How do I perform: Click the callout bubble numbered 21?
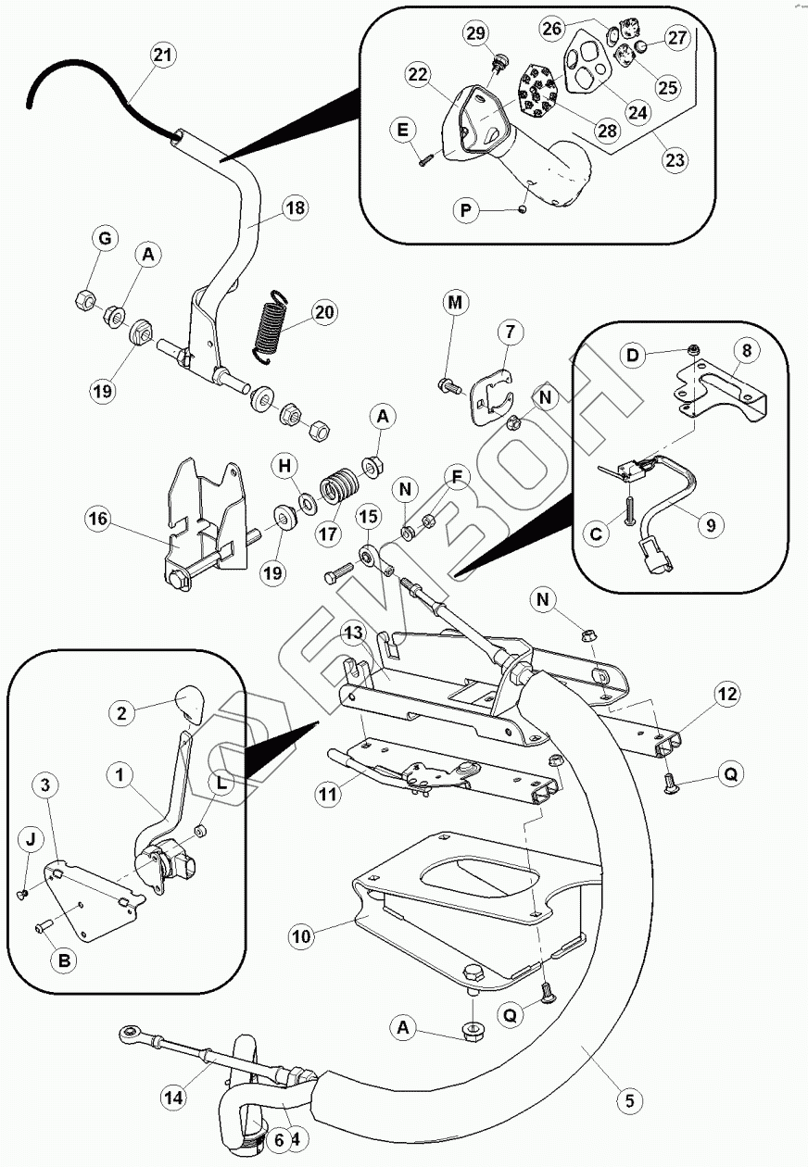coord(163,55)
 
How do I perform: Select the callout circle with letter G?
coord(106,239)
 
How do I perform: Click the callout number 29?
coord(476,33)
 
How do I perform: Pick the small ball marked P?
coord(522,210)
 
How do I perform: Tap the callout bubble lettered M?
coord(455,303)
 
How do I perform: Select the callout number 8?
coord(747,351)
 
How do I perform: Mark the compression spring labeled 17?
coord(339,485)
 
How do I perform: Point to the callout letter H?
coord(284,466)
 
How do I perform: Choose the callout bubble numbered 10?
coord(302,936)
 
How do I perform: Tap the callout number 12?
coord(727,694)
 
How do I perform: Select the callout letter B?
coord(65,960)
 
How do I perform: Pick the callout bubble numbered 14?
coord(174,1098)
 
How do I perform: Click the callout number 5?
coord(630,1101)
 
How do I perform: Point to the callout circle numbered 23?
coord(675,159)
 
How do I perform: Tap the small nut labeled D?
coord(694,349)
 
